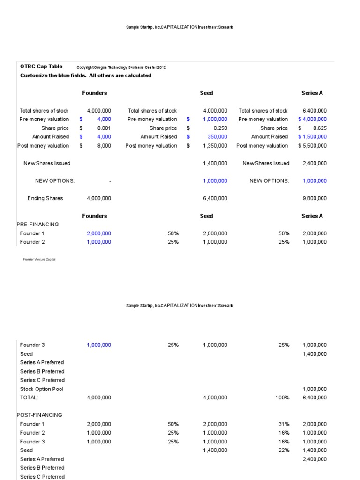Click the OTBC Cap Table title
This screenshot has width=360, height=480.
[x=41, y=67]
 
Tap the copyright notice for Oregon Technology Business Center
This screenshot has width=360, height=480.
[x=121, y=67]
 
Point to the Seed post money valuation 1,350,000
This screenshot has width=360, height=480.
[x=215, y=146]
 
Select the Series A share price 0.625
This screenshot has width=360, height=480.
[x=319, y=128]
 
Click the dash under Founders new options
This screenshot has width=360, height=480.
[x=110, y=181]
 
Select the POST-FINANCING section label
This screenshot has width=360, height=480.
[x=39, y=415]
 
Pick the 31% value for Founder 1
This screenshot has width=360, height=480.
[x=284, y=424]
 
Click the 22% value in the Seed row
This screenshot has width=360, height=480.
[x=284, y=450]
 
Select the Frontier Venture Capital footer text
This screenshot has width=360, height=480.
[x=39, y=259]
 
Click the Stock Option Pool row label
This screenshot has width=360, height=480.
[x=42, y=389]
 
